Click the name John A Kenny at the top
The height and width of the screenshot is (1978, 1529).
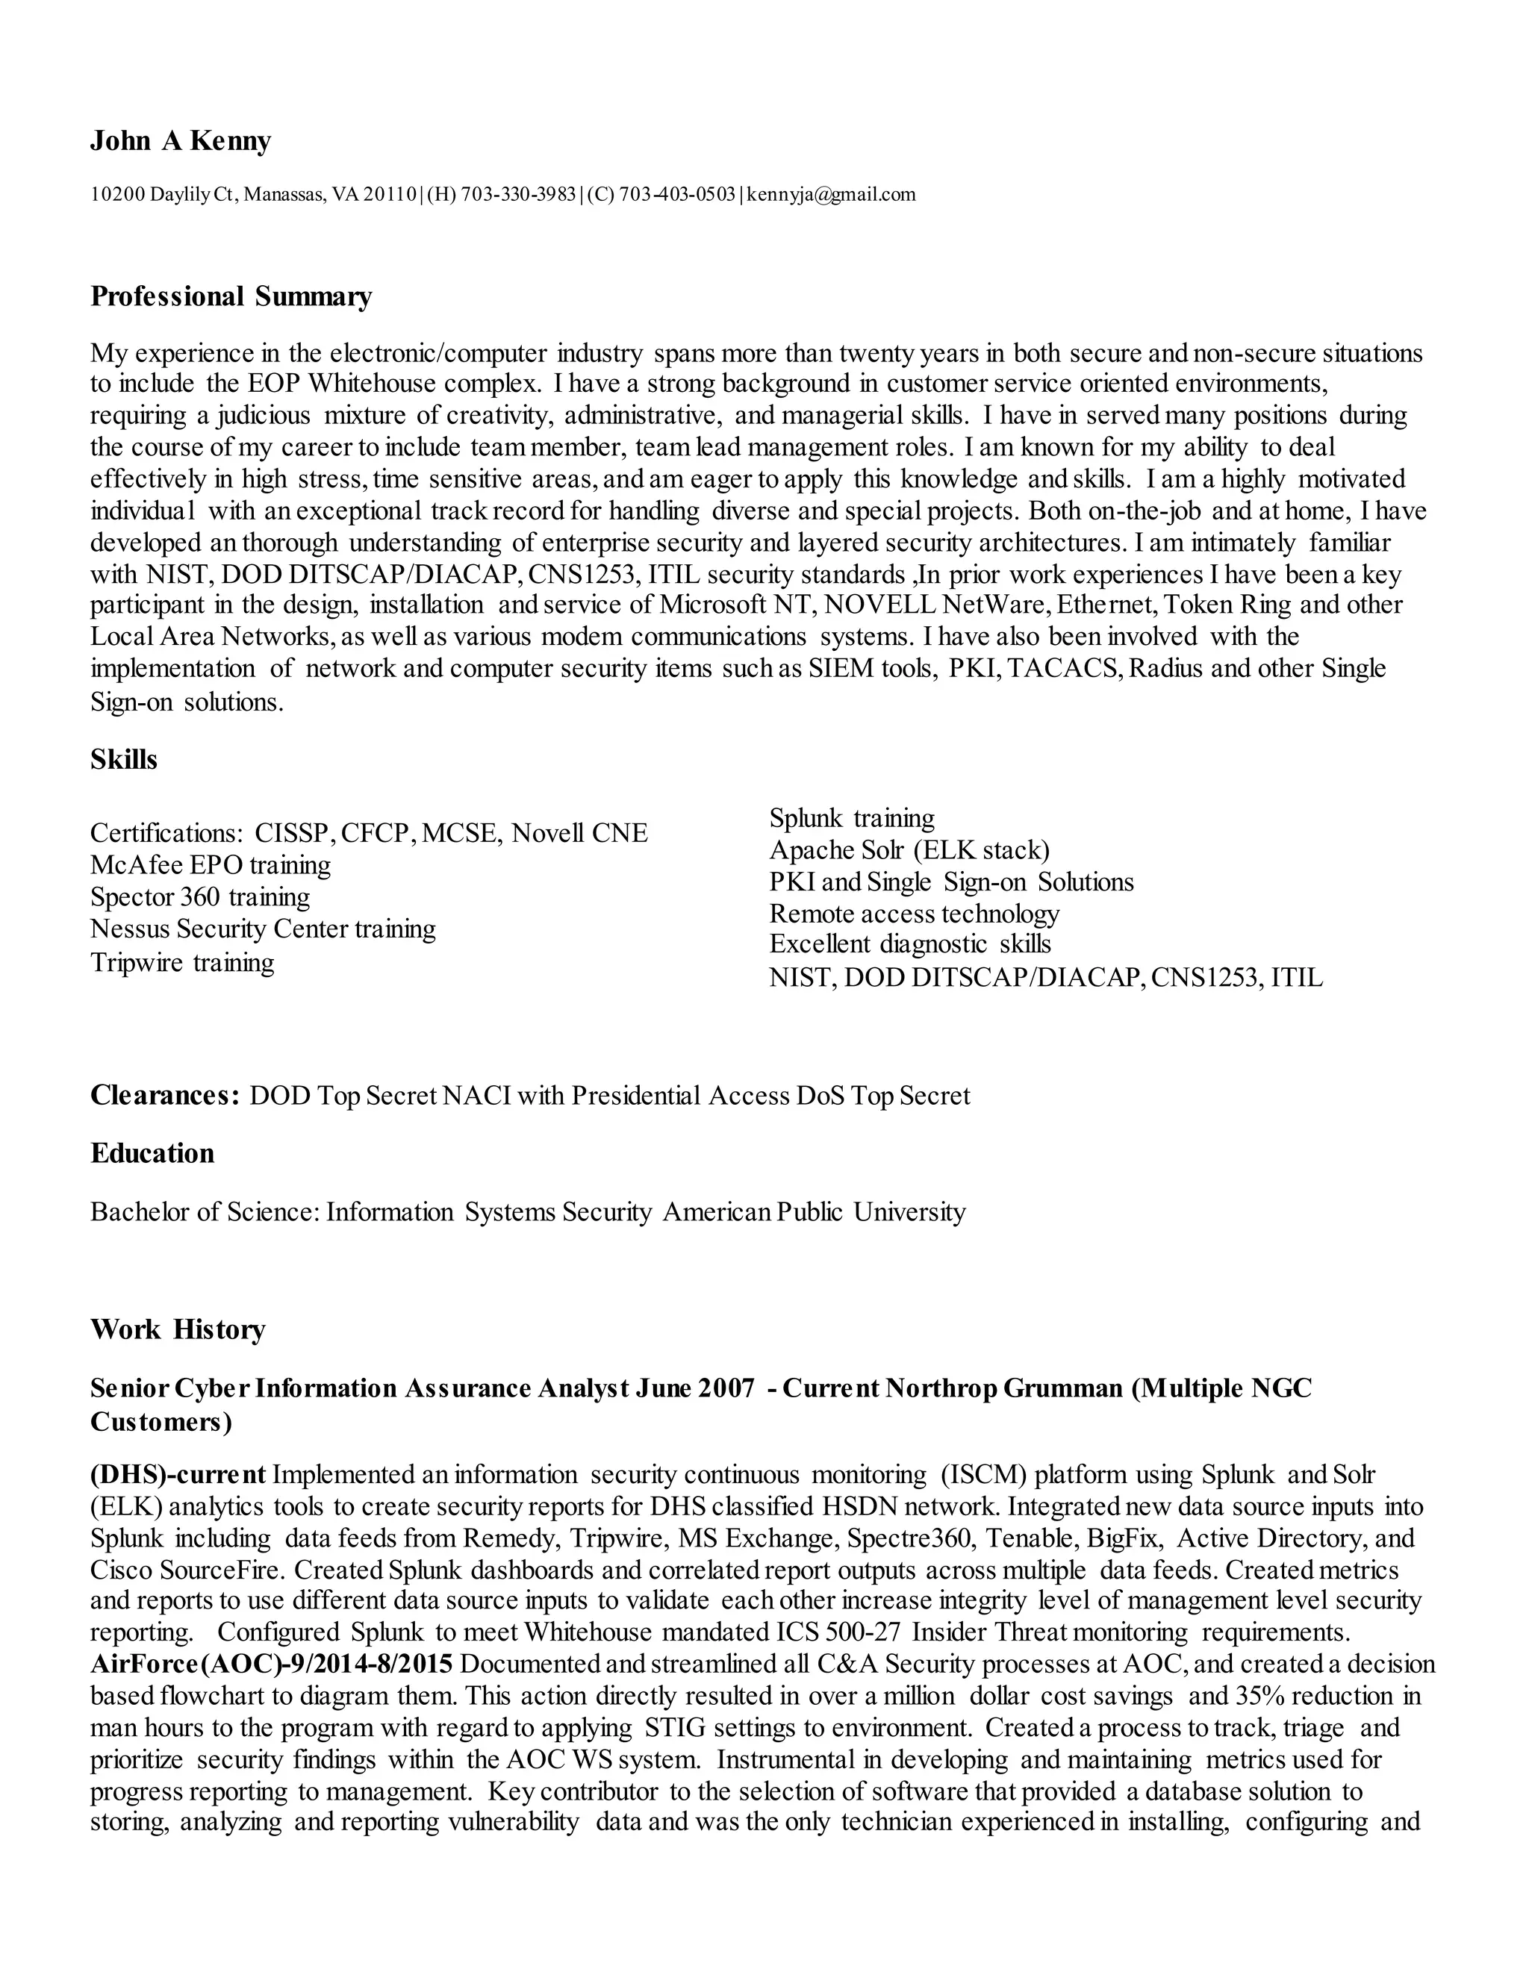tap(180, 142)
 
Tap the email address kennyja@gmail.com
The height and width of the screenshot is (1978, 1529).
tap(831, 194)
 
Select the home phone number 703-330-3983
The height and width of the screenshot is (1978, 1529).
tap(518, 194)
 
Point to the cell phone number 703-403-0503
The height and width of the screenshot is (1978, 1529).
tap(678, 194)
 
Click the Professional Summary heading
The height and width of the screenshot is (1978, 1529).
tap(231, 297)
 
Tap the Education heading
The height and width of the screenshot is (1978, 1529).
tap(152, 1153)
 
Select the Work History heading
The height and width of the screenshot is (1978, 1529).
tap(178, 1329)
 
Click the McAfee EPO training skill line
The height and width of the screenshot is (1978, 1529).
tap(210, 865)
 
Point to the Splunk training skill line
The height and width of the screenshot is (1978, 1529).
tap(851, 818)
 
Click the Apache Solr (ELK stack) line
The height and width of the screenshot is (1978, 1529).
tap(909, 849)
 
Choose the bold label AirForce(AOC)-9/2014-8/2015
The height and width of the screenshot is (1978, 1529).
tap(271, 1664)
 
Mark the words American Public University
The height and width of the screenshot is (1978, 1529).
tap(814, 1211)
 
